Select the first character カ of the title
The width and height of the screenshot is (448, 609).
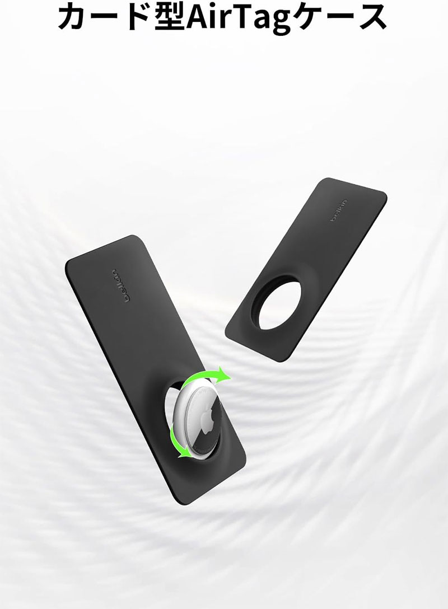tap(74, 17)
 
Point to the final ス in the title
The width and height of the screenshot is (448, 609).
tap(371, 17)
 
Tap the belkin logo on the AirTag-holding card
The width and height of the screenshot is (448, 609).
tap(120, 285)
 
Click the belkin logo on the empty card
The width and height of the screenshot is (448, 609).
tap(339, 211)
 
